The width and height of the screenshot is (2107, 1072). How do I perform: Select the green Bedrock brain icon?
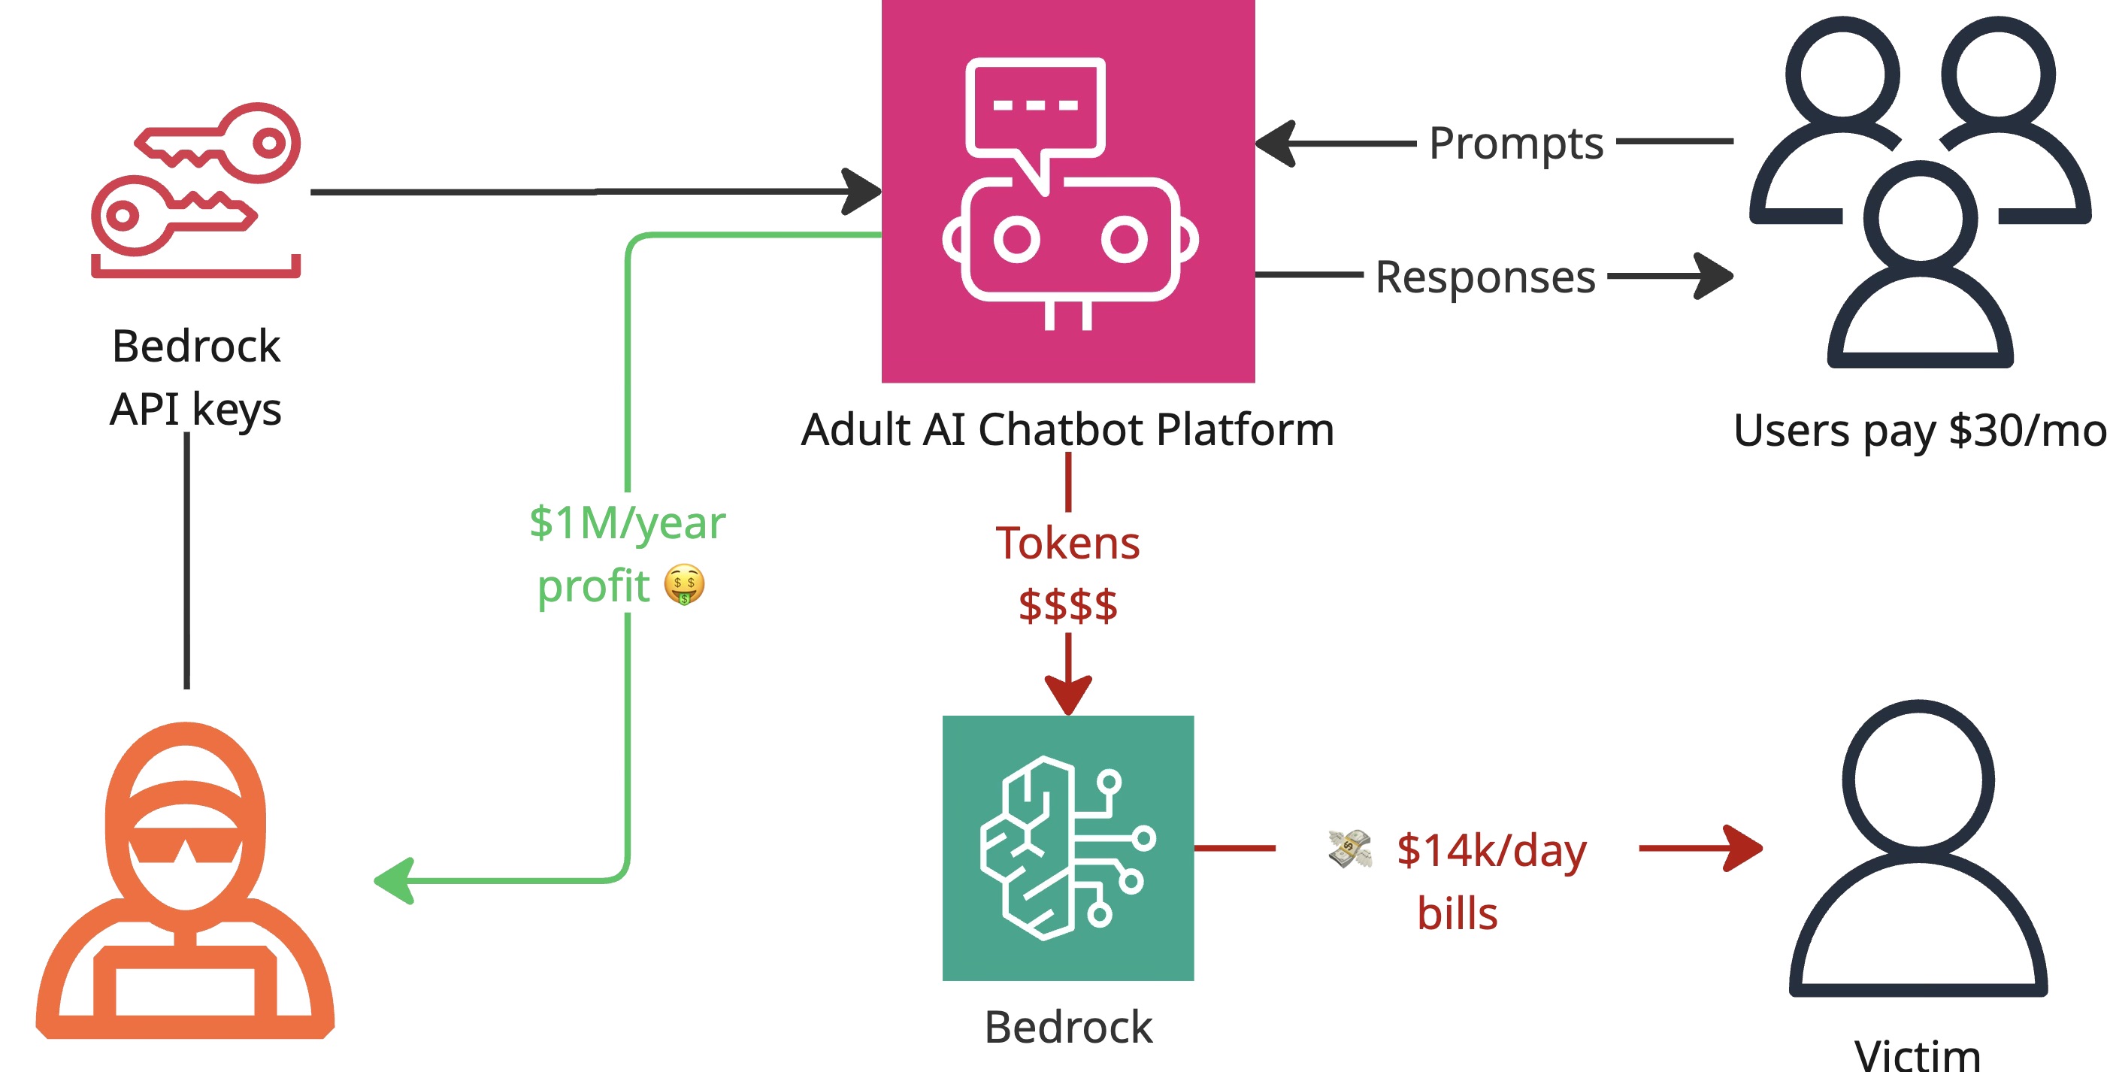click(1067, 848)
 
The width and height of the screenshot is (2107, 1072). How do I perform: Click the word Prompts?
click(1515, 144)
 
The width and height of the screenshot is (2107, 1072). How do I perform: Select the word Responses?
click(1485, 277)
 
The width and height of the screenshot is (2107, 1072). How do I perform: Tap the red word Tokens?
click(1067, 544)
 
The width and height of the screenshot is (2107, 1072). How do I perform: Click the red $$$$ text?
click(1067, 606)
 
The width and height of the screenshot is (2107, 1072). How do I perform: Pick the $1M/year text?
click(628, 522)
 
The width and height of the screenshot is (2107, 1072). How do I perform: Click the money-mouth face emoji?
click(684, 585)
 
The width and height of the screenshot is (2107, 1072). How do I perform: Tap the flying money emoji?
click(1349, 848)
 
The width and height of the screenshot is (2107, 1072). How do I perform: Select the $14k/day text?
click(1491, 850)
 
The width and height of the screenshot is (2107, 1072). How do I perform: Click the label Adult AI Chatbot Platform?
click(1067, 429)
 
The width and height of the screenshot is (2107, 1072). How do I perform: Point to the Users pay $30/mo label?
click(1918, 431)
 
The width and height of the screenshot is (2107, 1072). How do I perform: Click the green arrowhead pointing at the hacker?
click(393, 880)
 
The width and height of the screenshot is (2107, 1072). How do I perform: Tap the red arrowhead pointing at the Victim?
click(1742, 848)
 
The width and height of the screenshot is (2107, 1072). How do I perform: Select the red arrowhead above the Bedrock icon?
click(1067, 693)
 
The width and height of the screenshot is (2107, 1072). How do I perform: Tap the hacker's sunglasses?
click(186, 848)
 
